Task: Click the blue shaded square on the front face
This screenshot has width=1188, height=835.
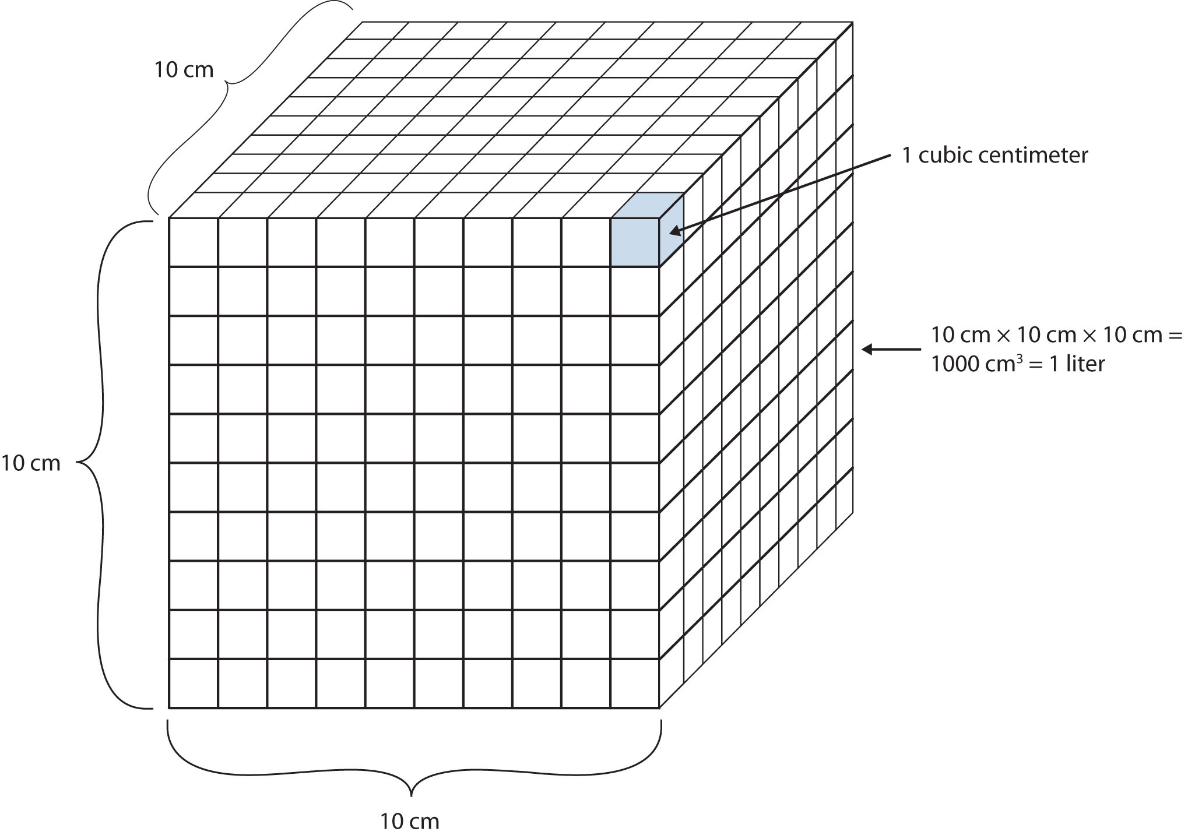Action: click(x=635, y=242)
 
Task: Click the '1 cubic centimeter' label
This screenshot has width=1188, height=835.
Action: click(x=995, y=156)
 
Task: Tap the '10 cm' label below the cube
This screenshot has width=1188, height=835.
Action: click(x=410, y=822)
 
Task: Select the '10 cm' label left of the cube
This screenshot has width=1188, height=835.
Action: click(x=30, y=463)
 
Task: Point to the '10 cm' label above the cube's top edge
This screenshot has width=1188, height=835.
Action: click(x=184, y=70)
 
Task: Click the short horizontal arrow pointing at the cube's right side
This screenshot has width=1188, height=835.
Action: click(x=891, y=350)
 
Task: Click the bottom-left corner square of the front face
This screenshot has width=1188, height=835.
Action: click(x=194, y=683)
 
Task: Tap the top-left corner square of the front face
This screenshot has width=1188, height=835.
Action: click(x=194, y=242)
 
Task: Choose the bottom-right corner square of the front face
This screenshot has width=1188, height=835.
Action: click(x=635, y=683)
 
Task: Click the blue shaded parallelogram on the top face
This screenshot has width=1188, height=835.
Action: click(x=648, y=205)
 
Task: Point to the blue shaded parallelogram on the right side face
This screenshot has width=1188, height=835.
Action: click(x=672, y=230)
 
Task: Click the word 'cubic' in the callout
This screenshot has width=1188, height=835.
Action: click(x=941, y=156)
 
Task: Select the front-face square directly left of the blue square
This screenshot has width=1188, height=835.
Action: click(x=586, y=242)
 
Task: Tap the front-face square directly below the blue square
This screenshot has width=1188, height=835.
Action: click(x=635, y=291)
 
